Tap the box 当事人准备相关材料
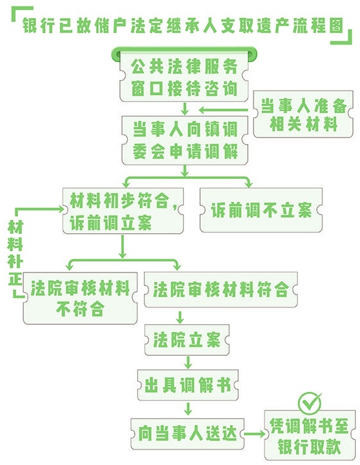click(x=303, y=114)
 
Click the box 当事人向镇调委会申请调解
click(x=185, y=140)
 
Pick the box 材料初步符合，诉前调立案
click(x=123, y=211)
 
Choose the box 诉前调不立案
click(x=261, y=210)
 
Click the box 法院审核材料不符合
click(x=80, y=298)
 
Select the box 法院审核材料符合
click(x=221, y=289)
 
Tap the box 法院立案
click(x=186, y=340)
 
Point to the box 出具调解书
click(x=188, y=385)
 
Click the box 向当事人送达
click(x=188, y=433)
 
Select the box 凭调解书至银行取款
click(x=310, y=436)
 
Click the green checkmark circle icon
click(x=310, y=403)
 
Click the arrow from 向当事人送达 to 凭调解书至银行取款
click(x=254, y=434)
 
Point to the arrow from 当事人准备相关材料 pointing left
click(x=223, y=110)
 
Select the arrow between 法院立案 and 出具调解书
click(x=188, y=362)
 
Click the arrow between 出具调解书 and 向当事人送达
click(x=188, y=409)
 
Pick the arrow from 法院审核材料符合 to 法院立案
click(x=179, y=317)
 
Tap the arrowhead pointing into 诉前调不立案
click(x=249, y=184)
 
